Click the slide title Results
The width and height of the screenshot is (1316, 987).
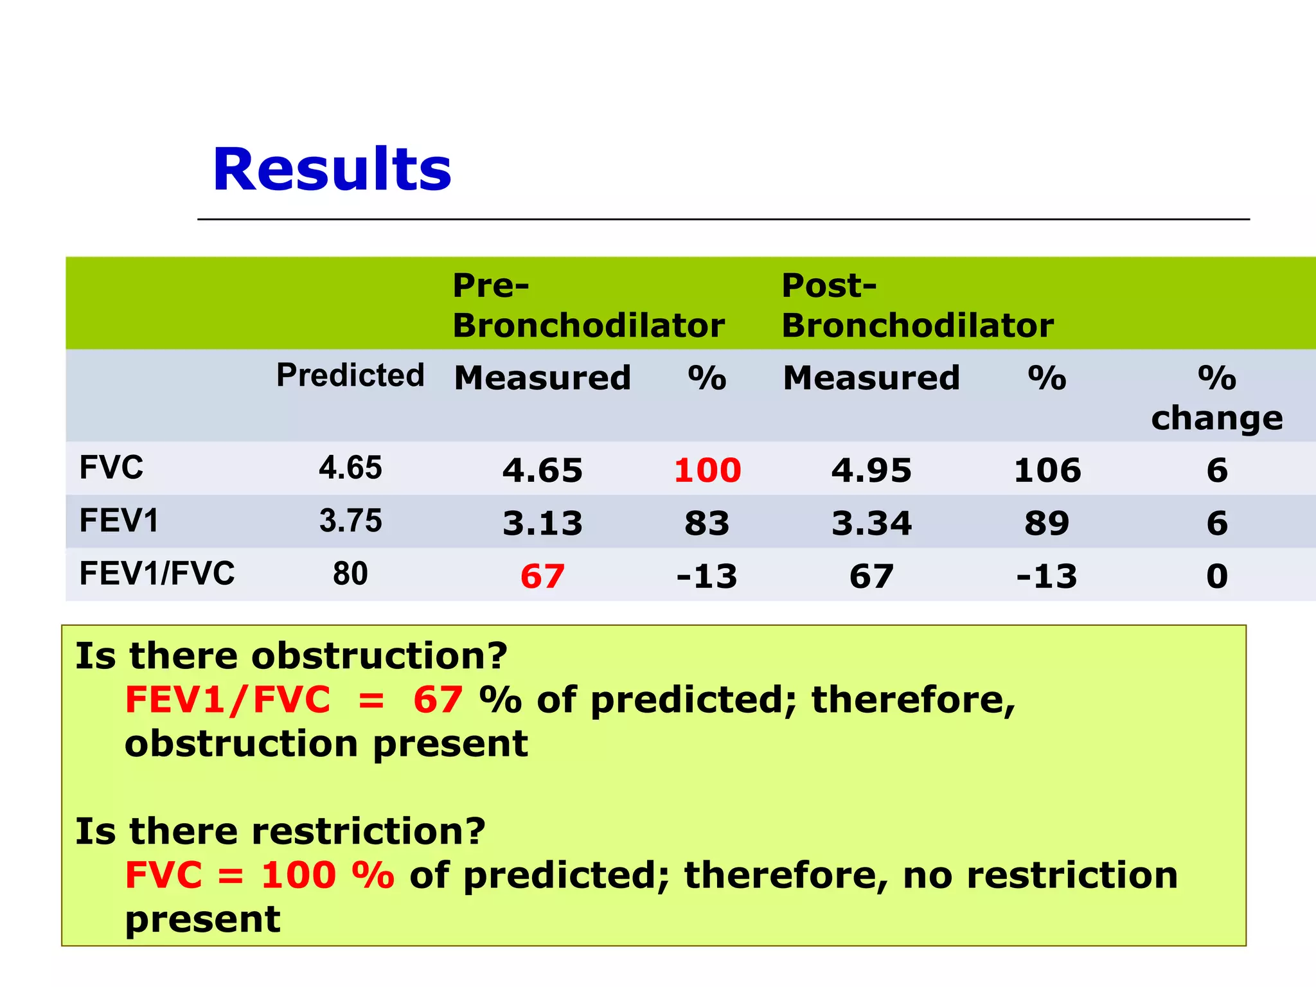tap(332, 170)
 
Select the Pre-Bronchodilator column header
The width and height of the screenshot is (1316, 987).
tap(588, 306)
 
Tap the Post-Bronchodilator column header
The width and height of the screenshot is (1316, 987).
tap(917, 306)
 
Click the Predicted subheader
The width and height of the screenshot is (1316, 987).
tap(350, 375)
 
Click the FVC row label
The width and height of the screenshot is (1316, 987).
tap(111, 467)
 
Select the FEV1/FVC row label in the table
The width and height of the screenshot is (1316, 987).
tap(157, 573)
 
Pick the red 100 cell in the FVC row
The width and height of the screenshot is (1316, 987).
tap(707, 470)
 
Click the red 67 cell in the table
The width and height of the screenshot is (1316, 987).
tap(542, 576)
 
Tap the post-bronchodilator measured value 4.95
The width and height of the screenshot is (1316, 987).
tap(871, 470)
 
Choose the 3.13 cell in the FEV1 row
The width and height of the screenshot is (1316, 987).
tap(542, 523)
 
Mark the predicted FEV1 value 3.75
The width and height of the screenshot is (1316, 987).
tap(350, 520)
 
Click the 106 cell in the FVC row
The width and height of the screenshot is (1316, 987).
tap(1047, 470)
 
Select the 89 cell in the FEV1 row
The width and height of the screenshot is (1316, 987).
tap(1047, 523)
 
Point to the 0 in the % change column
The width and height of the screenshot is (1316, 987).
tap(1217, 576)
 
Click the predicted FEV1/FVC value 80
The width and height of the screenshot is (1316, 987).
tap(350, 573)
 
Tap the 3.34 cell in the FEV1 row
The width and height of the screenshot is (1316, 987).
tap(871, 523)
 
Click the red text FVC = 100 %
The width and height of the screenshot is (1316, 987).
tap(260, 875)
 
